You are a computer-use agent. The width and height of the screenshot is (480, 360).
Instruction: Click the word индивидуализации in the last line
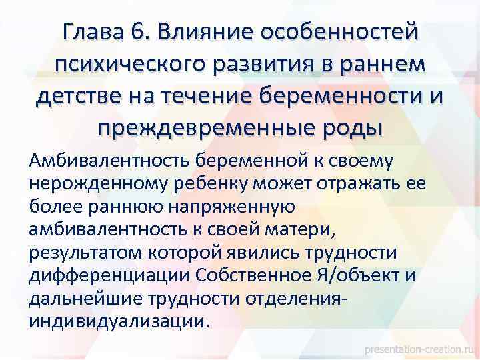[x=119, y=321]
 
